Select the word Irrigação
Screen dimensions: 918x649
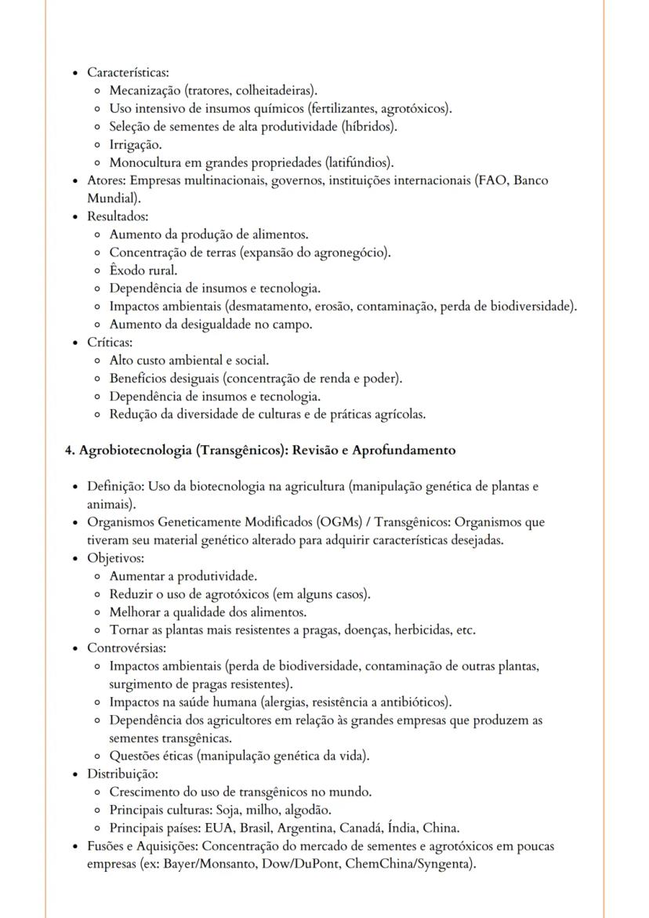point(135,145)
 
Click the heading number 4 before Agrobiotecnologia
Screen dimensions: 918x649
point(69,451)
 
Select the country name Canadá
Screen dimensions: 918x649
point(383,828)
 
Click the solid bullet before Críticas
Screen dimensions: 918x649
point(74,343)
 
